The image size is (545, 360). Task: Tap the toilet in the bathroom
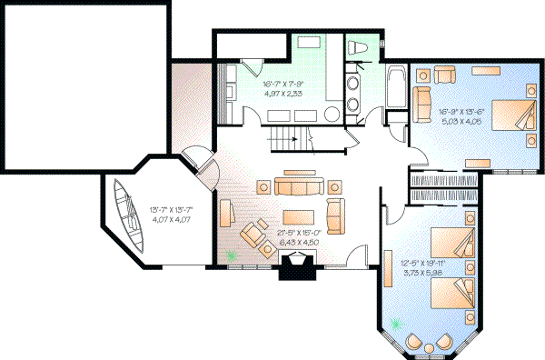tap(357, 47)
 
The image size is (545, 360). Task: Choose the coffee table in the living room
tap(299, 217)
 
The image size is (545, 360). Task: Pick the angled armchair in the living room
tap(250, 236)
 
